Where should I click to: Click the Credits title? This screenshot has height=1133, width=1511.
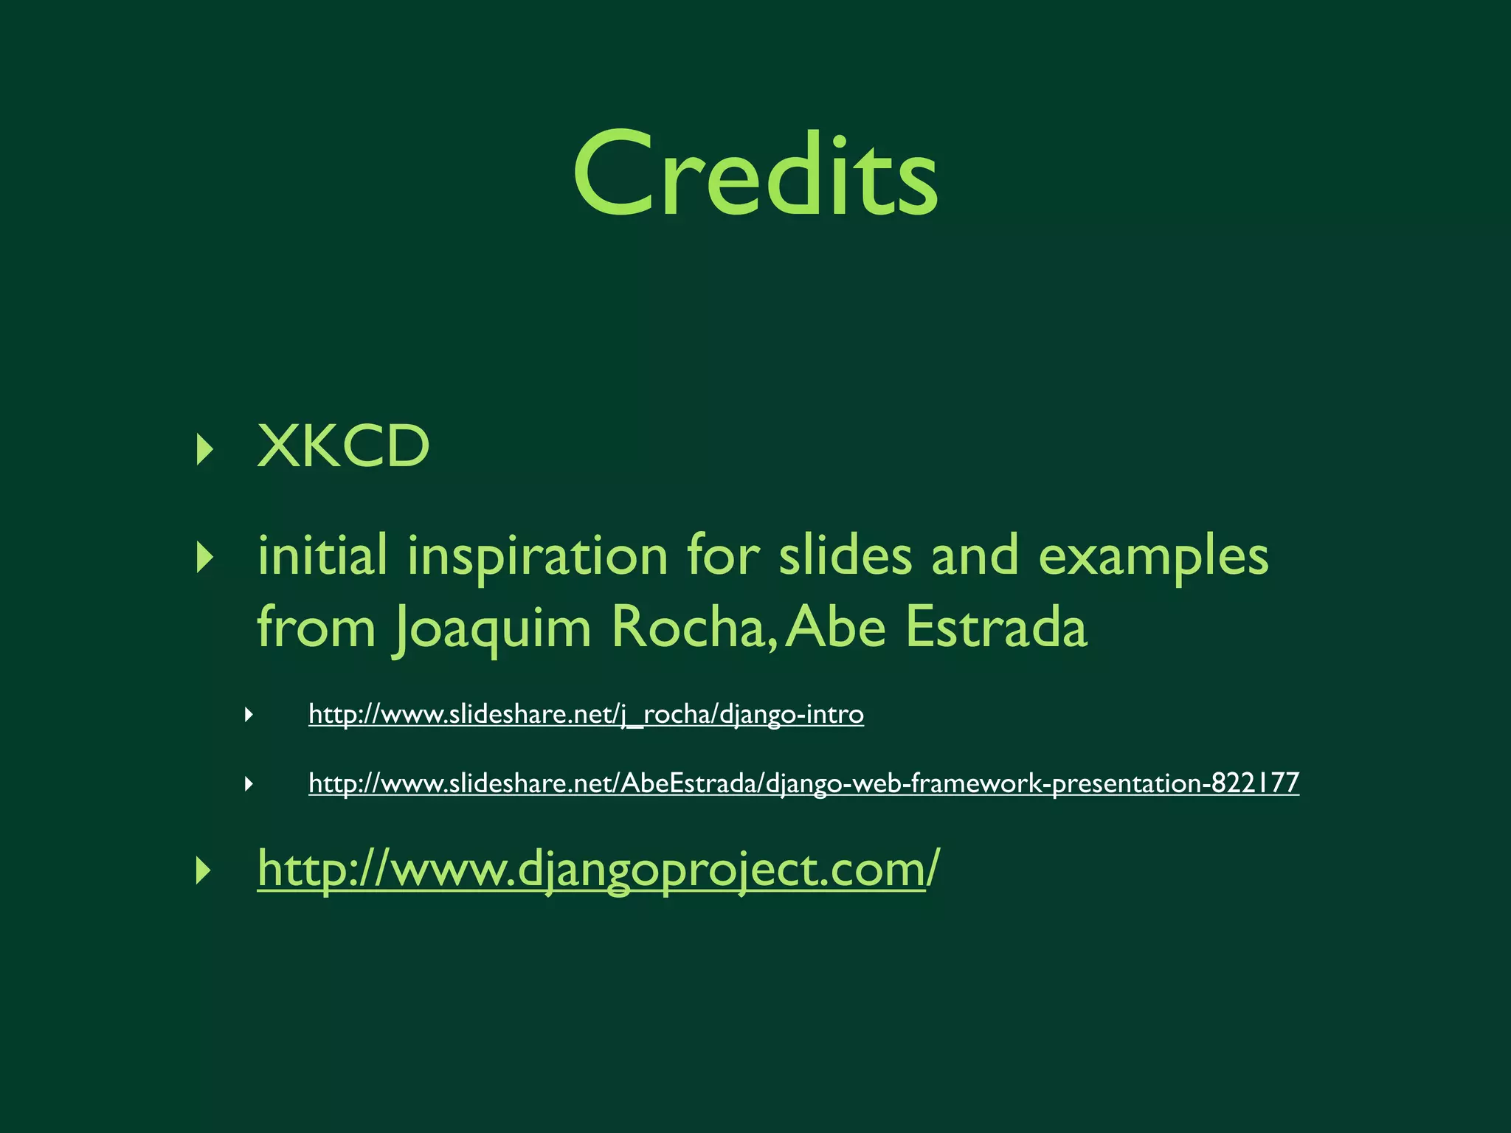point(755,175)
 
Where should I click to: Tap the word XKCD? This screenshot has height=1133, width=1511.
point(343,447)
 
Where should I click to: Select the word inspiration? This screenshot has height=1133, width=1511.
point(537,557)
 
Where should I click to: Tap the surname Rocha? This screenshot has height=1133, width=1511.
point(689,627)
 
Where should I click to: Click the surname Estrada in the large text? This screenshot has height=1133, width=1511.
point(996,627)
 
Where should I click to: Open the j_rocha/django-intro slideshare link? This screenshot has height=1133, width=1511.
point(586,714)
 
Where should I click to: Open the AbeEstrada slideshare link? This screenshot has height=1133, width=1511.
point(803,783)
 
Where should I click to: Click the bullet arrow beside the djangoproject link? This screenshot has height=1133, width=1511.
point(204,871)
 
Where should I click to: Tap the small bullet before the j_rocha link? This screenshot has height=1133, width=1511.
point(249,714)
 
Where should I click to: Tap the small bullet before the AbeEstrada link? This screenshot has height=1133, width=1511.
point(249,783)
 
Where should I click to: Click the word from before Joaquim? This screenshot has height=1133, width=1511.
point(316,627)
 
